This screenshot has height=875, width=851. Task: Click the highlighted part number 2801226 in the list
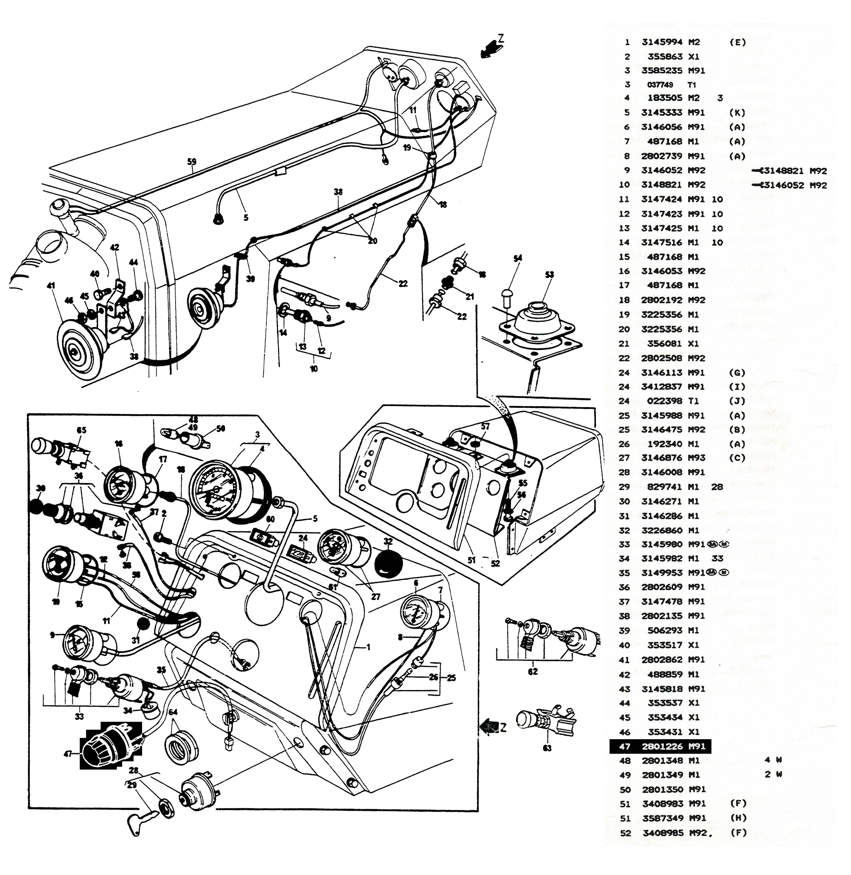coord(662,746)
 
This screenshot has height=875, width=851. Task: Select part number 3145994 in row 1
coord(662,42)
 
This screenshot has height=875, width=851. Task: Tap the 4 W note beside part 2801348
coord(773,760)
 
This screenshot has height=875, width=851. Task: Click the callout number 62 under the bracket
coord(533,671)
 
